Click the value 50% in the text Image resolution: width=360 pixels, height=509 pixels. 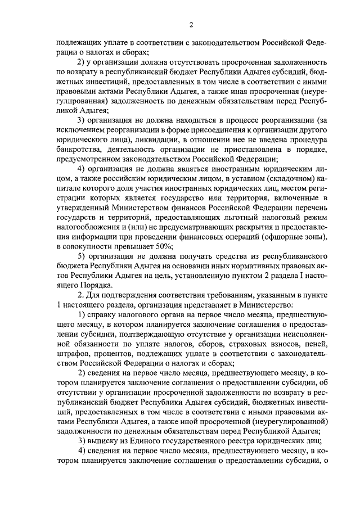[x=164, y=246]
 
